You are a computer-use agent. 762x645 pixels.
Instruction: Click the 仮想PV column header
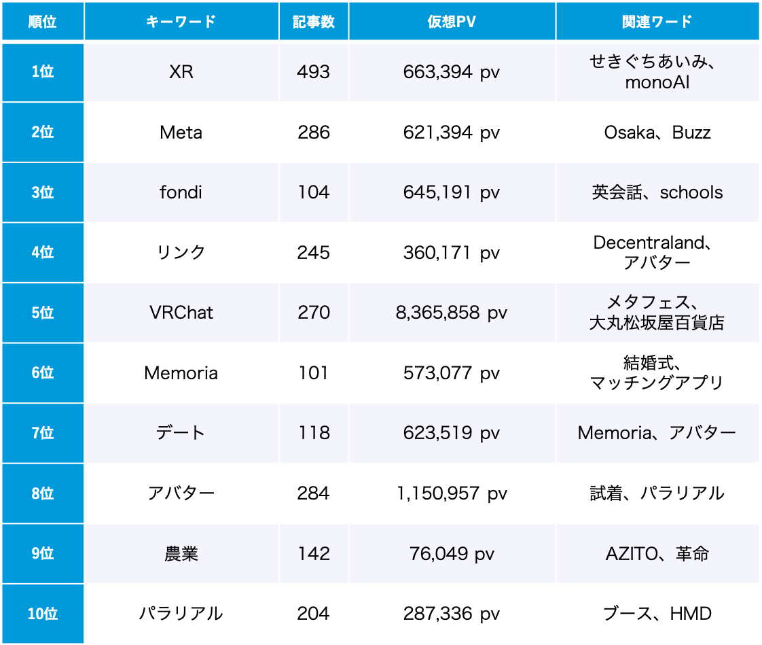pyautogui.click(x=452, y=21)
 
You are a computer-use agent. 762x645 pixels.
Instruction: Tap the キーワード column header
pyautogui.click(x=181, y=21)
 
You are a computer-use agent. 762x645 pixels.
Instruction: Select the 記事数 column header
pyautogui.click(x=314, y=21)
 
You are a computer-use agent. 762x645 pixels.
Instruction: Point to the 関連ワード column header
pyautogui.click(x=657, y=21)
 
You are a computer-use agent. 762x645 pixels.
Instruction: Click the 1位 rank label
pyautogui.click(x=43, y=72)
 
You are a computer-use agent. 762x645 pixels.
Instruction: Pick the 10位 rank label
pyautogui.click(x=43, y=614)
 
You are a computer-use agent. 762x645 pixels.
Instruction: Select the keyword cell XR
pyautogui.click(x=181, y=72)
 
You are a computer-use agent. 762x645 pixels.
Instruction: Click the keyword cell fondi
pyautogui.click(x=181, y=192)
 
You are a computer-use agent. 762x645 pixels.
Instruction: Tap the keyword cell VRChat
pyautogui.click(x=181, y=313)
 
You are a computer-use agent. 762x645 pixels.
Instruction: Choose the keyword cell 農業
pyautogui.click(x=181, y=554)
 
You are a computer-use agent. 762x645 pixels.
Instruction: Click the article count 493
pyautogui.click(x=314, y=72)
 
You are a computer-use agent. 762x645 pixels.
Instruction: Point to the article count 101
pyautogui.click(x=314, y=373)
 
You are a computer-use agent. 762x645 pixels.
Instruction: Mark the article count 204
pyautogui.click(x=314, y=614)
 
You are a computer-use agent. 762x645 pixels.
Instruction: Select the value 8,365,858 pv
pyautogui.click(x=452, y=313)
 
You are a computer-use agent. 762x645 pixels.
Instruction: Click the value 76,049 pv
pyautogui.click(x=452, y=554)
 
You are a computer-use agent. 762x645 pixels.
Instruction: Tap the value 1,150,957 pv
pyautogui.click(x=452, y=493)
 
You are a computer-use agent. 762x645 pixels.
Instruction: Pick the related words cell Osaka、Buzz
pyautogui.click(x=657, y=132)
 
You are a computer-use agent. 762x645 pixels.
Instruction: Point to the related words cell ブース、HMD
pyautogui.click(x=657, y=614)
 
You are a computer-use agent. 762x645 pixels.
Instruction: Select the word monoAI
pyautogui.click(x=657, y=83)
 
